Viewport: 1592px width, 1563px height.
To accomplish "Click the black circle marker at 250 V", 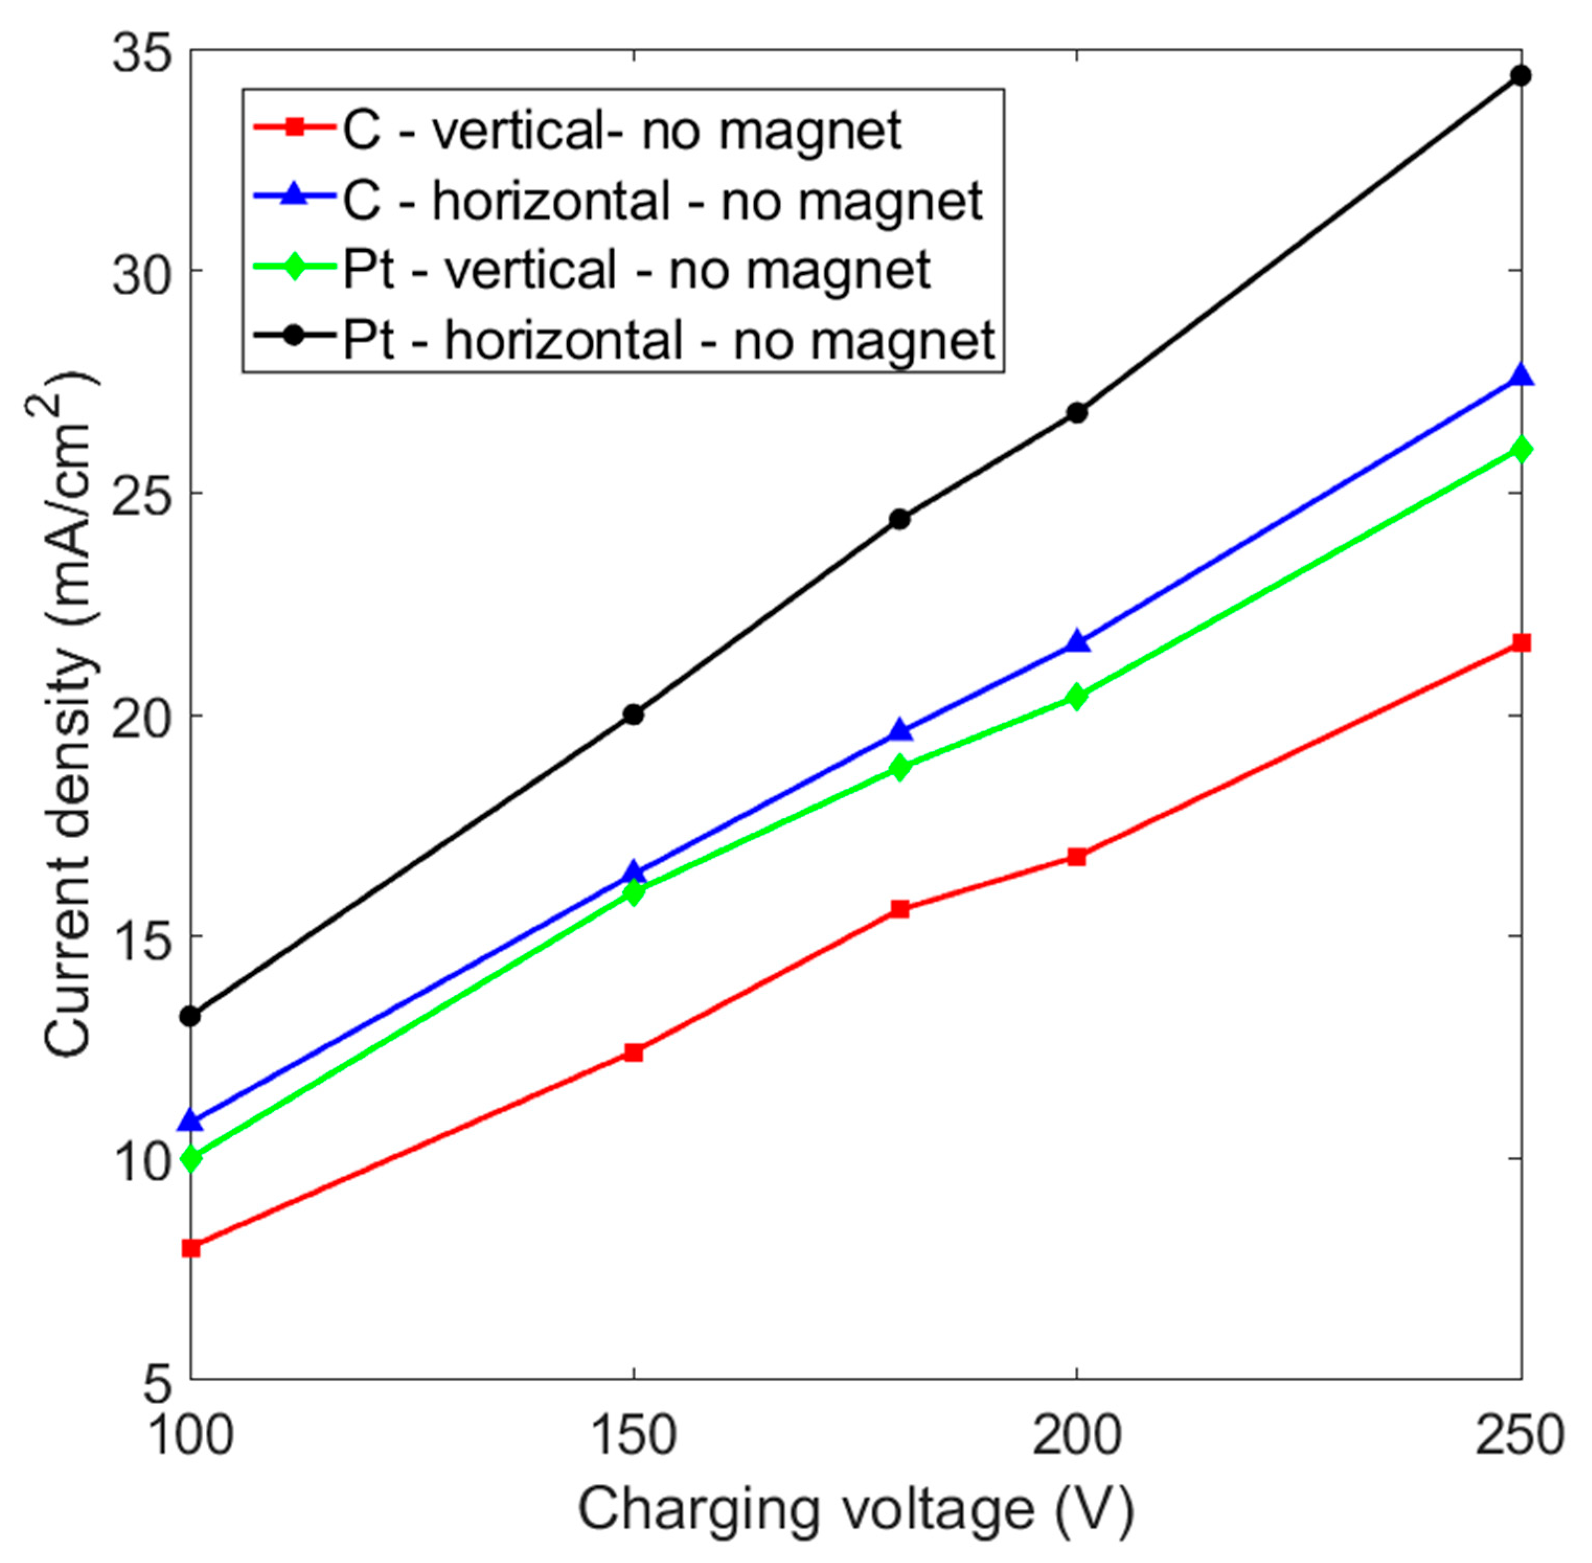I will tap(1520, 75).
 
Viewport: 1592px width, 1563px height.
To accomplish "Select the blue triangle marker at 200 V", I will tap(1076, 642).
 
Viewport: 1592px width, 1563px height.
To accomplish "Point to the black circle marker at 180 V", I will tap(899, 519).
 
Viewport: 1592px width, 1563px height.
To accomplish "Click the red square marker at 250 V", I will tap(1520, 642).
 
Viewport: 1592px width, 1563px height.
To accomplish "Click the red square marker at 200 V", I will tap(1076, 857).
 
